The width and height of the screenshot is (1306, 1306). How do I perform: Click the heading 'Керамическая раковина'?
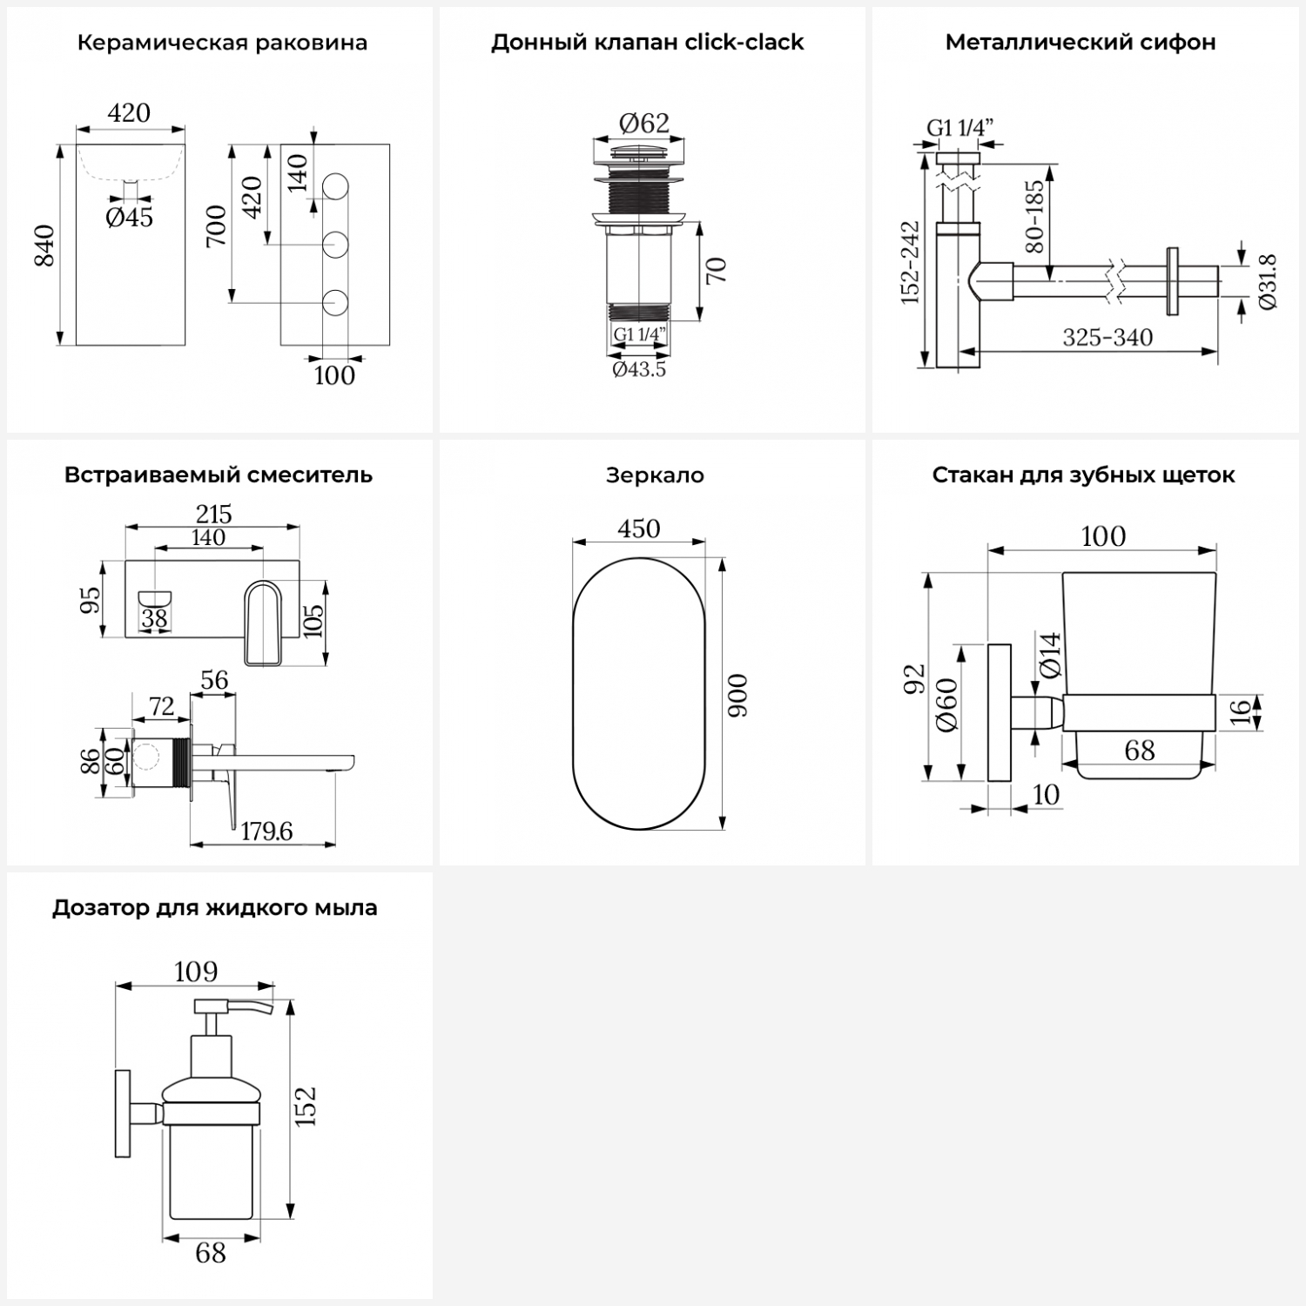pyautogui.click(x=222, y=43)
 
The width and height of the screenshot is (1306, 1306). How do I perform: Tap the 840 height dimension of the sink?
pyautogui.click(x=44, y=246)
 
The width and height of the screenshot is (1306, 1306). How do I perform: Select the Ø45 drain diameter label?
pyautogui.click(x=130, y=218)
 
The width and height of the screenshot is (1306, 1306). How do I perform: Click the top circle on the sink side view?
pyautogui.click(x=335, y=187)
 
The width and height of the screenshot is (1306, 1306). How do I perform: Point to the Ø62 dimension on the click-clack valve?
pyautogui.click(x=644, y=124)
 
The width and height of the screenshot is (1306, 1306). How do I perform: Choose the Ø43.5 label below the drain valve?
pyautogui.click(x=639, y=369)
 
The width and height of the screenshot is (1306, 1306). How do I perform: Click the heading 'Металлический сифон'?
pyautogui.click(x=1080, y=43)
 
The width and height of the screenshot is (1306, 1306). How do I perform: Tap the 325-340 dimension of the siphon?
pyautogui.click(x=1107, y=337)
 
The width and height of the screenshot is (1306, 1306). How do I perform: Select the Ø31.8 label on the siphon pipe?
pyautogui.click(x=1267, y=280)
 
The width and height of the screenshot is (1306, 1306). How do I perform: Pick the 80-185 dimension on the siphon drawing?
pyautogui.click(x=1033, y=217)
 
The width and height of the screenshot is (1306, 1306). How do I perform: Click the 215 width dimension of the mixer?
pyautogui.click(x=213, y=514)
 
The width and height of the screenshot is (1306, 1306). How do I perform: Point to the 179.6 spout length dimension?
pyautogui.click(x=266, y=831)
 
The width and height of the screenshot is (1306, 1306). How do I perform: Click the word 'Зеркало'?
pyautogui.click(x=655, y=475)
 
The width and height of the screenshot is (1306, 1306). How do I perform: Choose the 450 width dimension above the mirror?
pyautogui.click(x=639, y=528)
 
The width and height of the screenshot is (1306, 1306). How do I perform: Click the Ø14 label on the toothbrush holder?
pyautogui.click(x=1051, y=656)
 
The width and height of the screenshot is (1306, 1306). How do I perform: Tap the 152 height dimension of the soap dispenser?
pyautogui.click(x=306, y=1107)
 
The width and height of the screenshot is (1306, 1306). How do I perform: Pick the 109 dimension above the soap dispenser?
pyautogui.click(x=196, y=971)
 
